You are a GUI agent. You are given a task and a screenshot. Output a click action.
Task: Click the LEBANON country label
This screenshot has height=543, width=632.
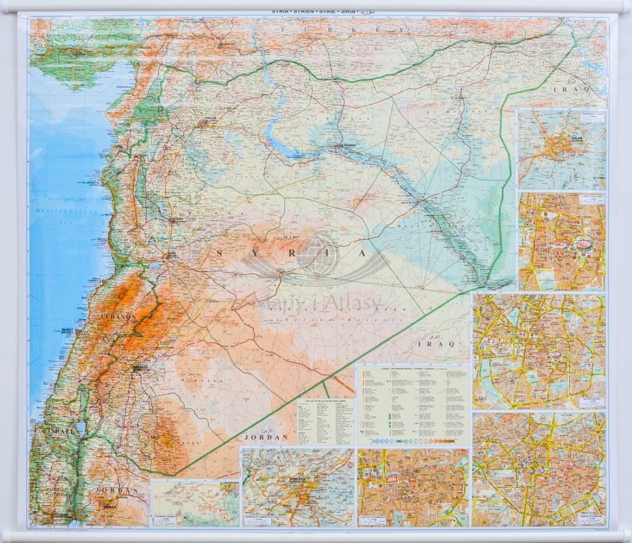(118, 316)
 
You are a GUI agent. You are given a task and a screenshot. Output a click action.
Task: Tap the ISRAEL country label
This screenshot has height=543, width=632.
(54, 430)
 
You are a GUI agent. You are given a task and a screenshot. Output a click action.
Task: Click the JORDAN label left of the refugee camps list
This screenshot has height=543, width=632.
(265, 437)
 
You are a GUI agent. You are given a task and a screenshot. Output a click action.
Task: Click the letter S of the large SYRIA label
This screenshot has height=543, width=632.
(218, 253)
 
